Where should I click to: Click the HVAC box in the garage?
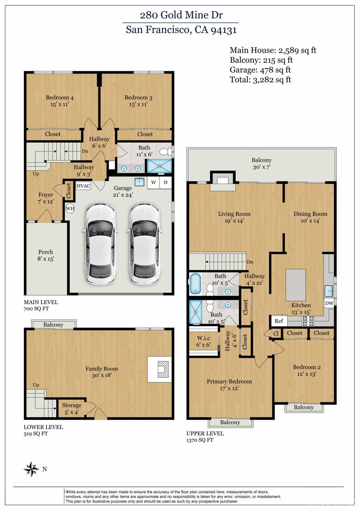tap(84, 186)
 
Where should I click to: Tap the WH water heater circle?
tap(70, 208)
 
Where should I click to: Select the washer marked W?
tap(154, 182)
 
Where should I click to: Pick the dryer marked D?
tap(166, 182)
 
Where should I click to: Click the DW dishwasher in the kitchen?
tap(329, 303)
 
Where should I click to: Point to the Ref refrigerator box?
tap(279, 321)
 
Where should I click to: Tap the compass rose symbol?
tap(32, 469)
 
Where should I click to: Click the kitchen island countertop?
tap(295, 285)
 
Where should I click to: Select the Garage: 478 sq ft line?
tap(260, 70)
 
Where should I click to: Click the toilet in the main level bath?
tap(165, 151)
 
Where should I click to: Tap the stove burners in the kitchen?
tap(308, 321)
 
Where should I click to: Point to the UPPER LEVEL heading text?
tap(205, 433)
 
